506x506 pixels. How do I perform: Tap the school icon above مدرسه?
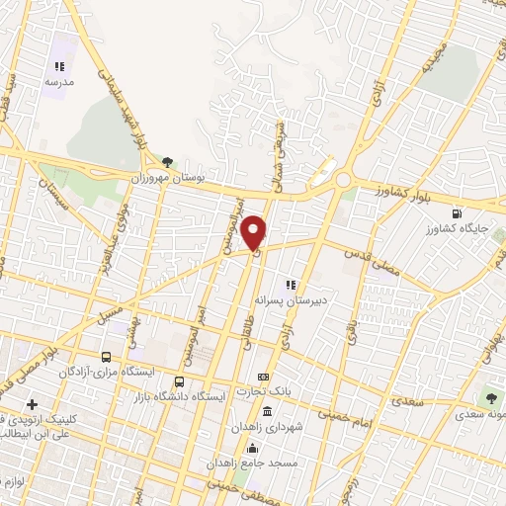[x=59, y=66]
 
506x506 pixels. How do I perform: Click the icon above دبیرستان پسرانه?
[x=291, y=284]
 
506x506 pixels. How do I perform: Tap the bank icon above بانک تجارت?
[x=262, y=378]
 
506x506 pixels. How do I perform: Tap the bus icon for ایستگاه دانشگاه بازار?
[x=180, y=381]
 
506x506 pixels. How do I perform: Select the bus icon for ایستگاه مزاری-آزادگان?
[x=106, y=357]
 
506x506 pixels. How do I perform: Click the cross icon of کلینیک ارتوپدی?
[x=32, y=404]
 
